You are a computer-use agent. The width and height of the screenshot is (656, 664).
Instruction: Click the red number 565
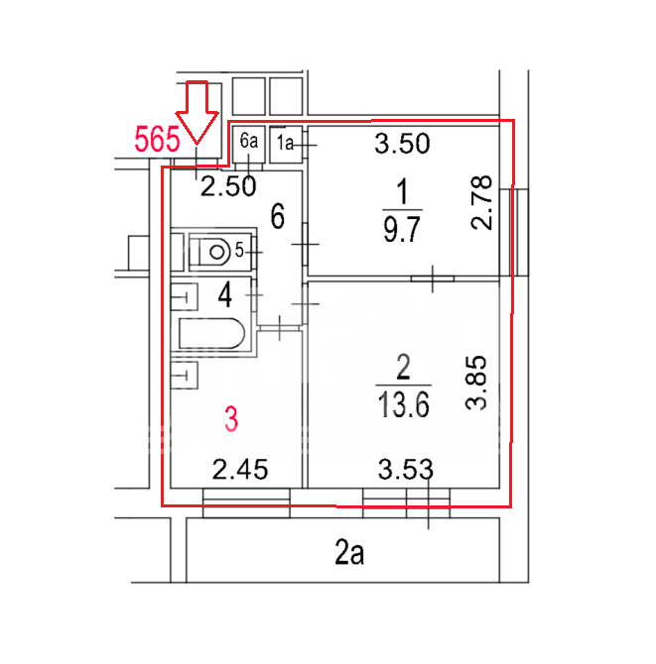point(158,140)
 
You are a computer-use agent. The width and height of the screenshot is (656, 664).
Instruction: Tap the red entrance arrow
point(197,112)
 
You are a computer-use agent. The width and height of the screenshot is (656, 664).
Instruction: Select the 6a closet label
point(248,141)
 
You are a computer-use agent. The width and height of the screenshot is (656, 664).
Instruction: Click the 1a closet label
point(285,143)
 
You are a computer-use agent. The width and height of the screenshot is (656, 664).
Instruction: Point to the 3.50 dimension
point(402,144)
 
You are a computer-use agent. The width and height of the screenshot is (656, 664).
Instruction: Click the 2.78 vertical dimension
point(481,203)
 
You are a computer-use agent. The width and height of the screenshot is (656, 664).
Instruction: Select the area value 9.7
point(402,229)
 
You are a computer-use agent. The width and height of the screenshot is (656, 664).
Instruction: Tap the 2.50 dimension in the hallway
point(228,186)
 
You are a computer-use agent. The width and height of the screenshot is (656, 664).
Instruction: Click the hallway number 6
point(277,216)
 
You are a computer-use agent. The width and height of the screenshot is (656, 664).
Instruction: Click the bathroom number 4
point(224,294)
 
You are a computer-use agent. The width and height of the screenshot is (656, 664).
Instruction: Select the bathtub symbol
point(212,334)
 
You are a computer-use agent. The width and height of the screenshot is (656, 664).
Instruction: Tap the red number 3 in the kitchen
point(231,419)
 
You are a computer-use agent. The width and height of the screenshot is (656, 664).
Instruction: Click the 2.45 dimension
point(240,469)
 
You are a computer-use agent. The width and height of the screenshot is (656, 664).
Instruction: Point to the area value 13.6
point(403,404)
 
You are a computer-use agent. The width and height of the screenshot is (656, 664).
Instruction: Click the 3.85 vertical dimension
point(475,383)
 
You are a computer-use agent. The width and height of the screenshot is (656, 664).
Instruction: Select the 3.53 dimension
point(405,469)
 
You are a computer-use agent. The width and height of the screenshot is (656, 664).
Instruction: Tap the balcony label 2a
point(349,552)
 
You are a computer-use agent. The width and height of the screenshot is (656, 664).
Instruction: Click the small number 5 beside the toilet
point(239,251)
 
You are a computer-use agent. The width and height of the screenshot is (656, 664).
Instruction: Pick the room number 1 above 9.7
point(402,191)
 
